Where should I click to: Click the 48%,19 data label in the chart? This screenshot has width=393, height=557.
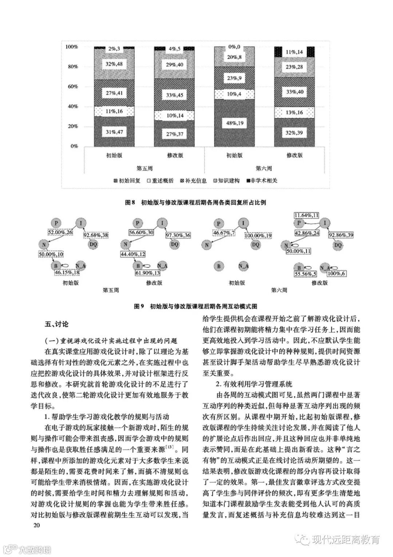[235, 124]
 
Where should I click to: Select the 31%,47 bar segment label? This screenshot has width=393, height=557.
[114, 132]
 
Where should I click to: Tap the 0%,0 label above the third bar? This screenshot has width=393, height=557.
[235, 47]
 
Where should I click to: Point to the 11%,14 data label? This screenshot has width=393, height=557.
[294, 52]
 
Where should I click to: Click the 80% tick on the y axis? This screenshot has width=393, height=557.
[72, 67]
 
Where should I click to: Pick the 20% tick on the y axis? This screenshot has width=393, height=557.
[72, 126]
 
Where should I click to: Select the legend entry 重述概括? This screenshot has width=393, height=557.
[161, 180]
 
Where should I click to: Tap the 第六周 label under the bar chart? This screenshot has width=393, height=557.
[263, 168]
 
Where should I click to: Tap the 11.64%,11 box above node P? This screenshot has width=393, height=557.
[307, 216]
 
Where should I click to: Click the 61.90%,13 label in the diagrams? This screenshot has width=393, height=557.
[147, 273]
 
